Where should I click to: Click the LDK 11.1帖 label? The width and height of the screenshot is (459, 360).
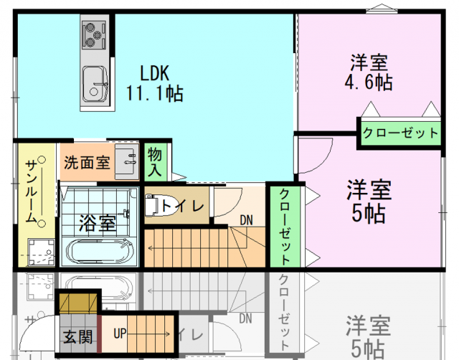click(x=154, y=82)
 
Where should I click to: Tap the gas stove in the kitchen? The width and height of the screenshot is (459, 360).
click(x=93, y=34)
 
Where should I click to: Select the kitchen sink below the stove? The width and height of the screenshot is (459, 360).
click(x=94, y=83)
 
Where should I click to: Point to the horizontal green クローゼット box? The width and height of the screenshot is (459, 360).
click(x=399, y=133)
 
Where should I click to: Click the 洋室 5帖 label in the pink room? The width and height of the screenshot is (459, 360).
click(x=369, y=202)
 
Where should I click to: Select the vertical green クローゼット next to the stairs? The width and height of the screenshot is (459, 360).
click(x=284, y=225)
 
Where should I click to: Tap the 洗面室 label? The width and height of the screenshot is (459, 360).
click(x=86, y=163)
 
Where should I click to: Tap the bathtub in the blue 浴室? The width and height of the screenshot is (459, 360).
click(x=100, y=252)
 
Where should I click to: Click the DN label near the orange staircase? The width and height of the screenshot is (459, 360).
click(x=246, y=219)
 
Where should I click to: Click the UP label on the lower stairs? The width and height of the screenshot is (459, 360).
click(x=119, y=333)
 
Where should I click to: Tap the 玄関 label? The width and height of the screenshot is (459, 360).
click(x=77, y=336)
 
